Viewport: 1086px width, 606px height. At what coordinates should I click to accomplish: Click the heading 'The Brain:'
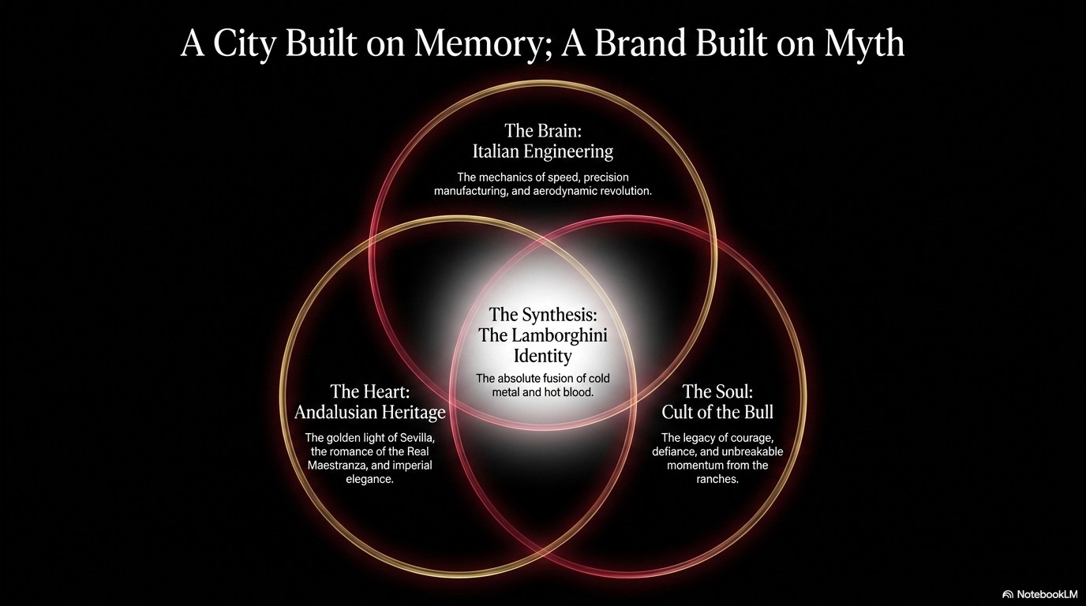coord(542,130)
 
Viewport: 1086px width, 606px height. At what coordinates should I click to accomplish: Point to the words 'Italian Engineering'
coord(542,151)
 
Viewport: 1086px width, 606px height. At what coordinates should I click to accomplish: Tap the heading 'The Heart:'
coord(370,391)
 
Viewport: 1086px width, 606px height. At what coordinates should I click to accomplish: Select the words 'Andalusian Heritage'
coord(370,412)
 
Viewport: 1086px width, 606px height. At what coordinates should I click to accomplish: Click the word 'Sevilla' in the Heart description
coord(417,438)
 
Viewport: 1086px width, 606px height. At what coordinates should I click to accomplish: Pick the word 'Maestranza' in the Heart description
coord(334,466)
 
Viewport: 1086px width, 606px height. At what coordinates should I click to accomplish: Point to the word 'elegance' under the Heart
coord(369,480)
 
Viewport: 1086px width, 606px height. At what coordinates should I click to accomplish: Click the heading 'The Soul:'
coord(717,391)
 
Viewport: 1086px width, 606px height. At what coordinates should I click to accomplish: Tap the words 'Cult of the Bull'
coord(717,412)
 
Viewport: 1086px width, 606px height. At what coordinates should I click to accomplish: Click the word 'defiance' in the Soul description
coord(672,452)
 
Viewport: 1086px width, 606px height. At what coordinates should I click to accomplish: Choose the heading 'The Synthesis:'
coord(542,315)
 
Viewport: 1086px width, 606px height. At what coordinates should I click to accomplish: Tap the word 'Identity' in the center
coord(542,356)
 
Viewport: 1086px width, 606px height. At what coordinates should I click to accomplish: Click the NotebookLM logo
coord(1039,594)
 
